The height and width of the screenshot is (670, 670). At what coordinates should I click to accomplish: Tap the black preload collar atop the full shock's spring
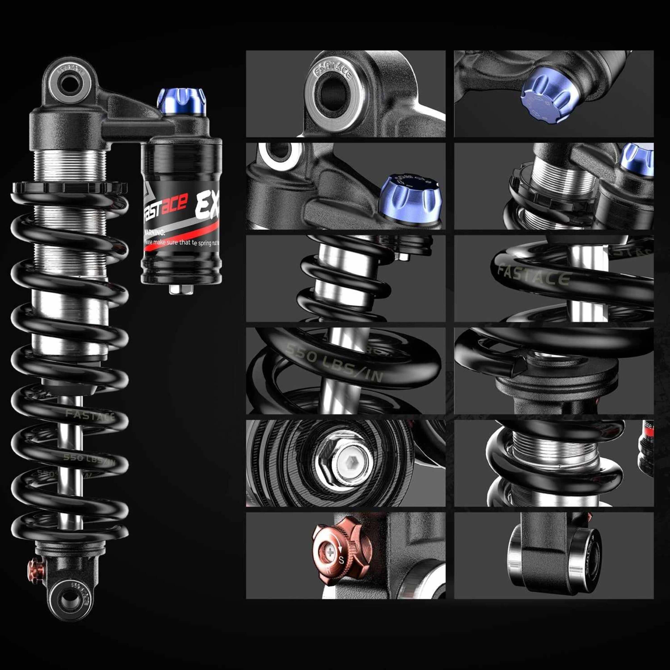click(69, 188)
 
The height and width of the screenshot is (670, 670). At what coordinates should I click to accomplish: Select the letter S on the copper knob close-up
click(341, 559)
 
